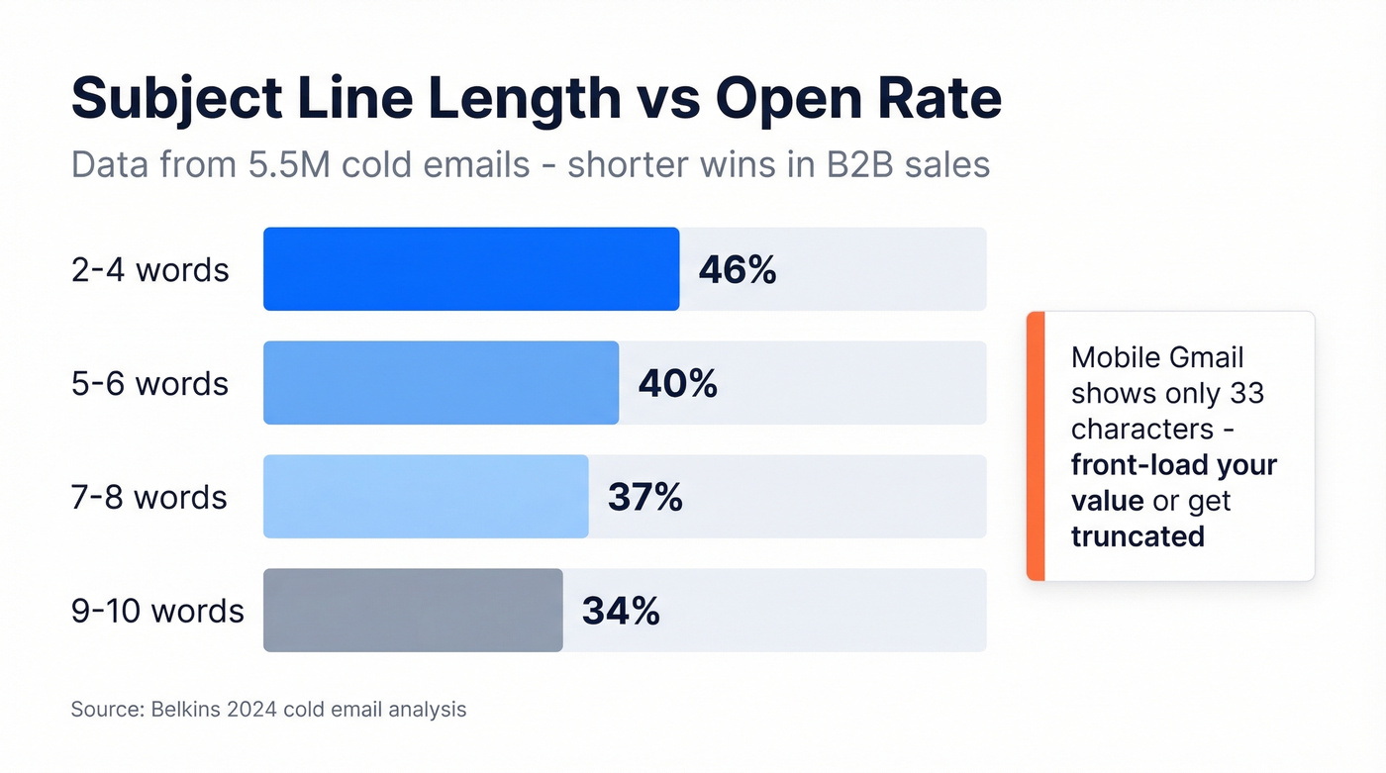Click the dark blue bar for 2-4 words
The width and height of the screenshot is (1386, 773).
coord(471,269)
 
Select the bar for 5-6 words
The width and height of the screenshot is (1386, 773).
coord(441,383)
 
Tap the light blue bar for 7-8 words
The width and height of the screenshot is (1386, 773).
coord(426,497)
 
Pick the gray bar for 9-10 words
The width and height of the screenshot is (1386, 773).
coord(413,611)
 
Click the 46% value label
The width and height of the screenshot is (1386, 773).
coord(738,270)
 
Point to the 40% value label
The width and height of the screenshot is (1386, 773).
coord(677,384)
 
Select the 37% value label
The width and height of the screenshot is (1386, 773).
coord(645,498)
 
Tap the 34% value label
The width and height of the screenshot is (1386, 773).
coord(621,612)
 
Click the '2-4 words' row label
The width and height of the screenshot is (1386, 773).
coord(149,270)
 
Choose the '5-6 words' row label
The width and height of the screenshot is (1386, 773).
coord(149,384)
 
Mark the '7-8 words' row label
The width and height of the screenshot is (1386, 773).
coord(148,498)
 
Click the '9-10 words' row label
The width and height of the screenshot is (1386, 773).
coord(157,612)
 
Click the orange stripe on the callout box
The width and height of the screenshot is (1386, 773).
coord(1036,445)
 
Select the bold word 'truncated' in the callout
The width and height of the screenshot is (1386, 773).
coord(1138,536)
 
